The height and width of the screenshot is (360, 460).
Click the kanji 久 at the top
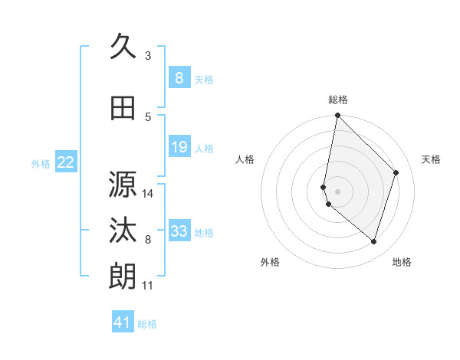click(x=123, y=47)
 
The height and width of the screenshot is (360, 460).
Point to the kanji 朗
click(x=123, y=277)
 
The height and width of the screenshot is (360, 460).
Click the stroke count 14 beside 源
click(x=148, y=194)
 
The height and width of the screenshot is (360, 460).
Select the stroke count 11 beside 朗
click(x=148, y=286)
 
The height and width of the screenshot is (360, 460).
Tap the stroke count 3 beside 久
click(x=148, y=56)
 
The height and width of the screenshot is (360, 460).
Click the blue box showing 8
click(x=179, y=78)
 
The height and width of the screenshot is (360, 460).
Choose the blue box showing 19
click(x=179, y=147)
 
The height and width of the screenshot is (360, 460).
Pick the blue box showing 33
click(x=179, y=231)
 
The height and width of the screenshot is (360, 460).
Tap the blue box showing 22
click(x=66, y=162)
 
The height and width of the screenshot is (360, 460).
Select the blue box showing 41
click(x=123, y=322)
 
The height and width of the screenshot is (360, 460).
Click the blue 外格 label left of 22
click(x=41, y=163)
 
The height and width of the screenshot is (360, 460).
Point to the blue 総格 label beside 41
click(x=147, y=324)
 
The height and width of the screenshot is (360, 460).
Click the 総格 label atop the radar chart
click(x=338, y=100)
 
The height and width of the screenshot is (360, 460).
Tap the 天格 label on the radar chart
click(x=431, y=159)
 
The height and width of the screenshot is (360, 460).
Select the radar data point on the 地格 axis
click(x=374, y=241)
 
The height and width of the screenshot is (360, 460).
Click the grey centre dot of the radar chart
click(x=338, y=191)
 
